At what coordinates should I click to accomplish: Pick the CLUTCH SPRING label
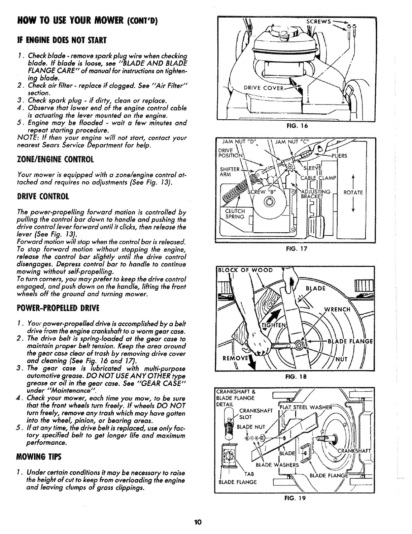pyautogui.click(x=235, y=214)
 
